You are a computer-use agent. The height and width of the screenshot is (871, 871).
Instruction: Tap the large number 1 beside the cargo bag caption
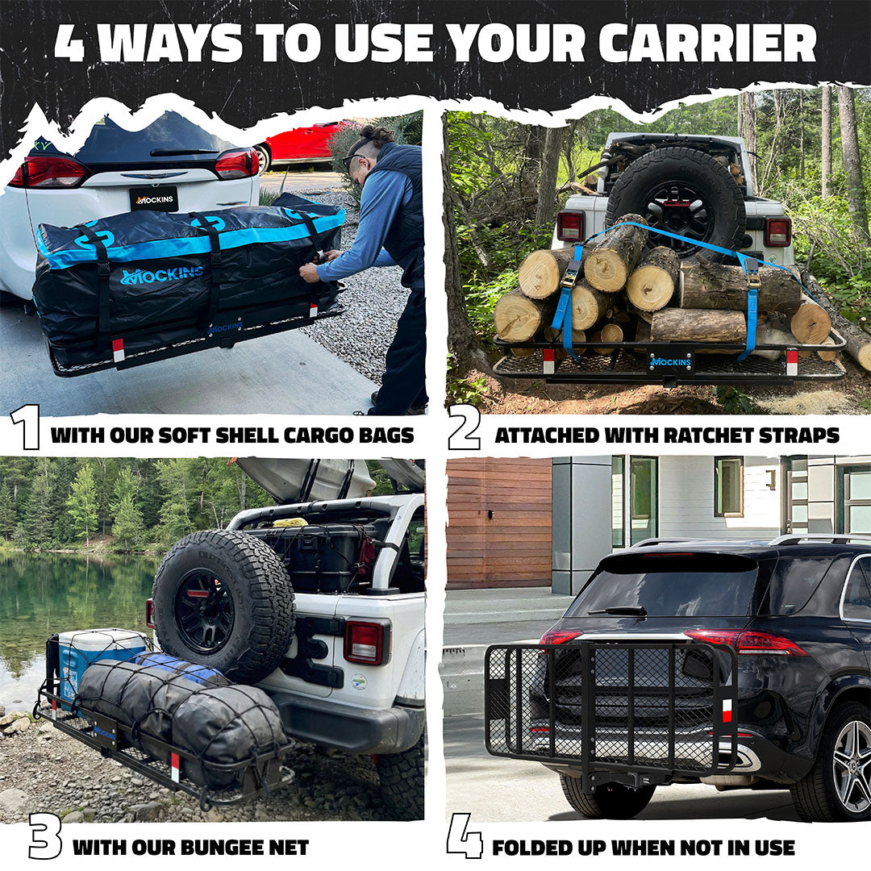25,427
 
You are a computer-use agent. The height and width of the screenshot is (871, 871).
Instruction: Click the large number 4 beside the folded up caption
464,836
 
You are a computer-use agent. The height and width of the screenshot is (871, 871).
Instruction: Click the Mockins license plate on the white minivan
153,199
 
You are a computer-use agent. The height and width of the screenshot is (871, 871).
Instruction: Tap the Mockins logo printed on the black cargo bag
161,276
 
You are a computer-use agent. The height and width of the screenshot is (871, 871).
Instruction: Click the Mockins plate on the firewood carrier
670,361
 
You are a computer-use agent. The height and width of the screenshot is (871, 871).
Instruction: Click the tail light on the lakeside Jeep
364,642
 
